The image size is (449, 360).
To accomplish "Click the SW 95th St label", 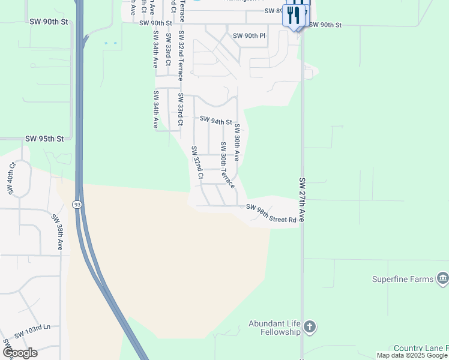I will [x=44, y=139].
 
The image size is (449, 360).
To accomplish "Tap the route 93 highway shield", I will [x=77, y=205].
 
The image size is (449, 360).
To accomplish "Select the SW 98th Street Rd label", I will [x=271, y=213].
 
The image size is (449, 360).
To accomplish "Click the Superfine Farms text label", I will [x=403, y=279].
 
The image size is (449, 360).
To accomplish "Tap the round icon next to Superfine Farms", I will [x=443, y=278].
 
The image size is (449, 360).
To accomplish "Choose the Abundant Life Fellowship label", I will [x=274, y=328].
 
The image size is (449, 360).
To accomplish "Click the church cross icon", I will [x=309, y=327].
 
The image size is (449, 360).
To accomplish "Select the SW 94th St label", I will [x=215, y=121].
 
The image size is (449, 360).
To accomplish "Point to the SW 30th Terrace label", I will [x=228, y=164].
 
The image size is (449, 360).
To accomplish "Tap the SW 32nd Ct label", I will [x=197, y=162].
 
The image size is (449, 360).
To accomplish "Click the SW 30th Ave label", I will [x=237, y=142].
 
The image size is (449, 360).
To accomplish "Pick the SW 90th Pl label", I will [x=249, y=35].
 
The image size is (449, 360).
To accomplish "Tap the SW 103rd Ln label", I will [x=32, y=331].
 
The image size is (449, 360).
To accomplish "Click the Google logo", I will [x=20, y=353].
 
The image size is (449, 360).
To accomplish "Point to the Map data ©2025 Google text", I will [x=412, y=356].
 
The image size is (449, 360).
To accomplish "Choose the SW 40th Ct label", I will [x=11, y=178].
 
